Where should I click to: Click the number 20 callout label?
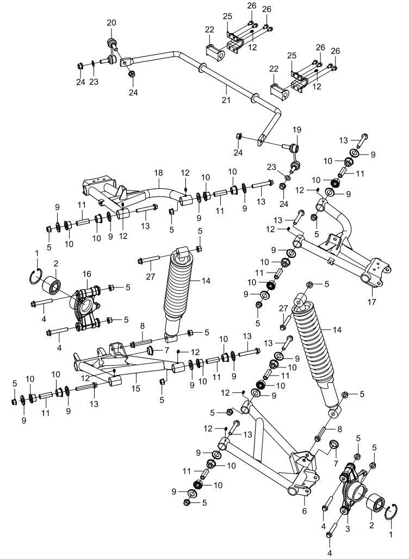(x=111, y=22)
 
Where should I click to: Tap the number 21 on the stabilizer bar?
(x=226, y=100)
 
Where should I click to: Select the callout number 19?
(x=296, y=130)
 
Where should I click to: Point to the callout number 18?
(x=158, y=173)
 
